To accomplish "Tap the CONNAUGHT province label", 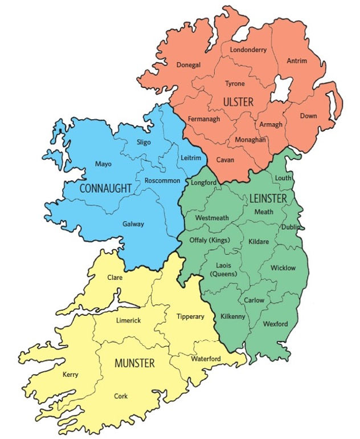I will (109, 188).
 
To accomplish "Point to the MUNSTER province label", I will (134, 363).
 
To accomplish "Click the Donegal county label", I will (189, 65).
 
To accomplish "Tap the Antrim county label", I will (297, 60).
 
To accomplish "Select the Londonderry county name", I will (248, 50).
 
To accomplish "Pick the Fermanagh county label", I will (203, 119).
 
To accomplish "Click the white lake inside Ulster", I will (281, 90).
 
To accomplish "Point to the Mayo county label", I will (103, 164).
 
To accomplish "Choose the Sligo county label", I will (144, 142).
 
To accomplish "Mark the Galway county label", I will (133, 224).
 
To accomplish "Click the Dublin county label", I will (290, 226).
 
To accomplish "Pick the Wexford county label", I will (275, 324).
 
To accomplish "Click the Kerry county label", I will (71, 375).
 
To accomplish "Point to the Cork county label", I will (121, 395).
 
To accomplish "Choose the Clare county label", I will (115, 278).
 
